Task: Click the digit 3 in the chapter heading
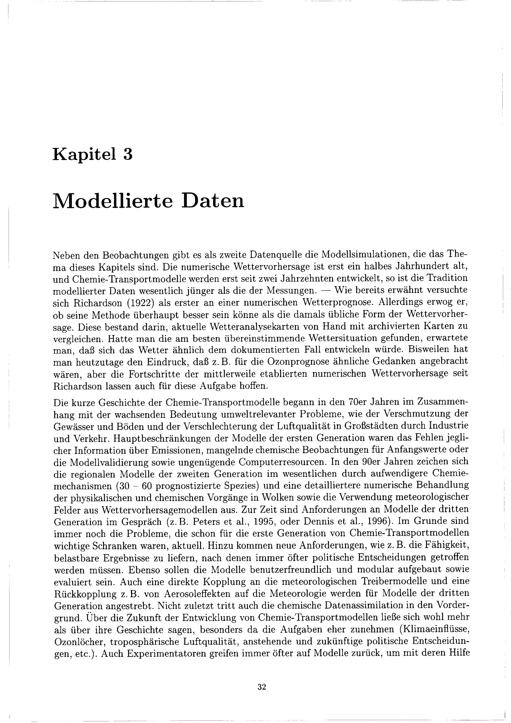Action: pos(127,155)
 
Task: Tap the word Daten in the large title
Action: pos(213,201)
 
